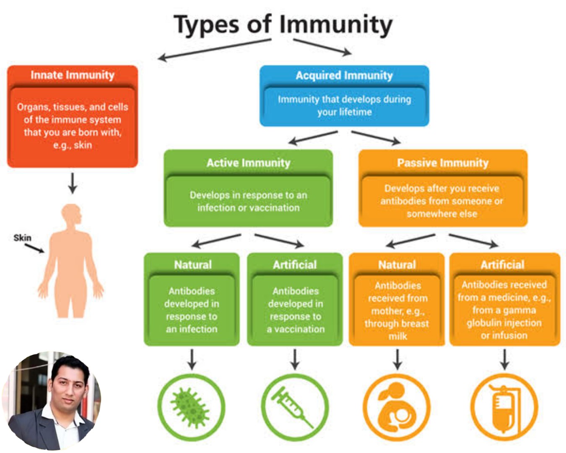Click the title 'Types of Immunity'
[283, 24]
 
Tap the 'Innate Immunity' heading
[72, 75]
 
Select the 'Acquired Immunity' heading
[344, 75]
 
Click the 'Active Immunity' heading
[248, 163]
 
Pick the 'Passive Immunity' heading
[443, 163]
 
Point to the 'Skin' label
[22, 238]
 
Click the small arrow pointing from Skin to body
[34, 248]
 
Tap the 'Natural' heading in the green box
[193, 265]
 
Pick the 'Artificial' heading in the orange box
[502, 265]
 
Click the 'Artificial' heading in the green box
[295, 265]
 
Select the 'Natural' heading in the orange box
[397, 265]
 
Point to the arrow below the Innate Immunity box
[73, 183]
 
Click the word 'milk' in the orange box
[397, 336]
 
